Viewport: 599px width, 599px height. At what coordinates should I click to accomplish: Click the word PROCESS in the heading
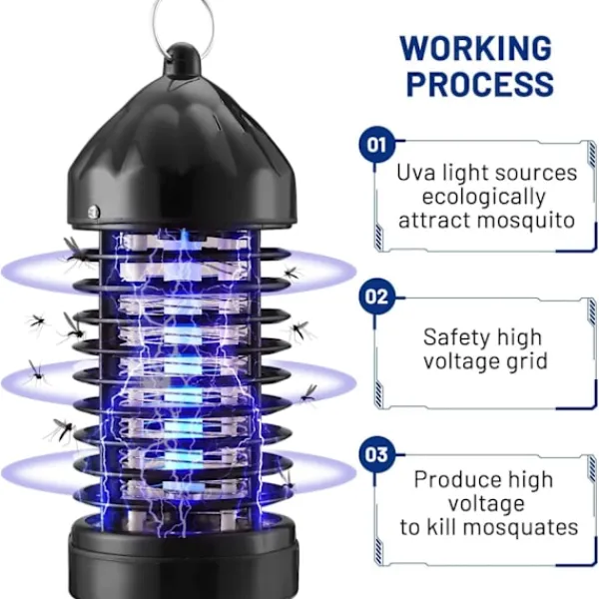pos(479,84)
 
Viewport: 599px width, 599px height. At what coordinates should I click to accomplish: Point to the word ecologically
pos(484,197)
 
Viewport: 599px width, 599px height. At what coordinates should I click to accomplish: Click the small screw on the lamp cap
pos(94,211)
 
